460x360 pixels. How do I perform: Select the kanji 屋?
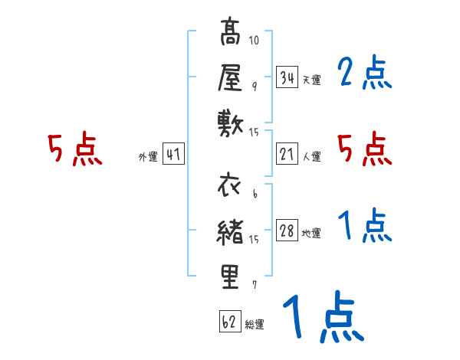pyautogui.click(x=231, y=78)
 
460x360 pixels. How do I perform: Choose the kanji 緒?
pyautogui.click(x=231, y=231)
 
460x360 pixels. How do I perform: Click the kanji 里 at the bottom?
pyautogui.click(x=231, y=277)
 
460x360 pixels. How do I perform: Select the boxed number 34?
pyautogui.click(x=287, y=77)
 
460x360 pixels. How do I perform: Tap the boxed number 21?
pyautogui.click(x=287, y=154)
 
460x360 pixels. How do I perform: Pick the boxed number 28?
pyautogui.click(x=287, y=231)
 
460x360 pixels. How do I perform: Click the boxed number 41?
pyautogui.click(x=172, y=154)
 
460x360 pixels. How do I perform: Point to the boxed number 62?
pyautogui.click(x=228, y=322)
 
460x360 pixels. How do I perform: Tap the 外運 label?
pyautogui.click(x=147, y=157)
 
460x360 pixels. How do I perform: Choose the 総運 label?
pyautogui.click(x=254, y=325)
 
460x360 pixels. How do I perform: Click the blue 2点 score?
pyautogui.click(x=364, y=74)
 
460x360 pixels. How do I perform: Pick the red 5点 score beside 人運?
pyautogui.click(x=364, y=149)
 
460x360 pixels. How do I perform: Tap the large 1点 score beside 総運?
pyautogui.click(x=322, y=319)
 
